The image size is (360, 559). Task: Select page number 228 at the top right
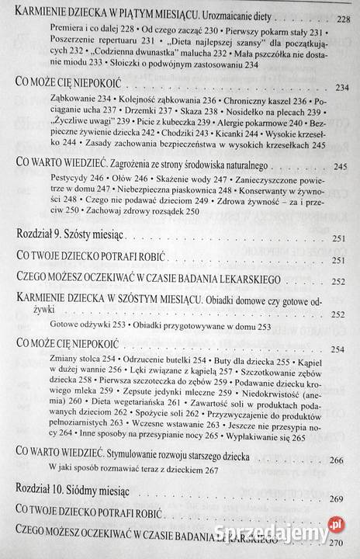click(x=340, y=18)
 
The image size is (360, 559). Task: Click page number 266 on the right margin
click(x=340, y=460)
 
